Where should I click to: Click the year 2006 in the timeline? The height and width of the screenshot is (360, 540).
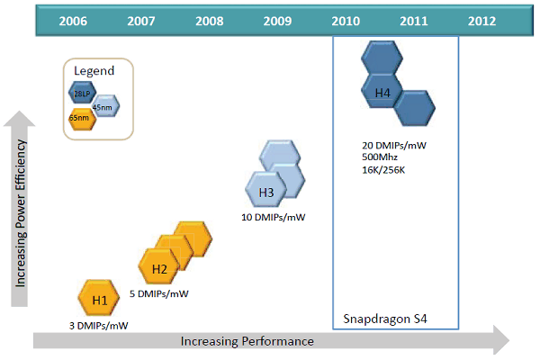coord(73,21)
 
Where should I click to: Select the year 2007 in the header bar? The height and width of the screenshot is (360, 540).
coord(140,21)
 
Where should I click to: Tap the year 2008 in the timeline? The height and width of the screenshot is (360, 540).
coord(210,21)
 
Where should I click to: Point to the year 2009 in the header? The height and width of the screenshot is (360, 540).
coord(278,21)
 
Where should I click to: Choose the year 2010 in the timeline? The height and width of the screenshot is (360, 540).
coord(346,21)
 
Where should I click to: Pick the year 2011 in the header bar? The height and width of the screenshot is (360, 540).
coord(413,21)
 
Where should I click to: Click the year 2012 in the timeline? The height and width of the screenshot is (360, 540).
coord(481,21)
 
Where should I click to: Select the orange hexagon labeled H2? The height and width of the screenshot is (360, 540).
coord(159,268)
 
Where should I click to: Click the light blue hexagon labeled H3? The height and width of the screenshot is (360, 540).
coord(265,193)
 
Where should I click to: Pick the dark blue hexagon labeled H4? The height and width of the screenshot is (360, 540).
coord(382,92)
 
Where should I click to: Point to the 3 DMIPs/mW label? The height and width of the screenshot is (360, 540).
coord(99,325)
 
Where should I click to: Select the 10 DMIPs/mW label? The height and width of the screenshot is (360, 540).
coord(273,218)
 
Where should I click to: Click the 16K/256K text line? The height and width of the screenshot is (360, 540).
coord(382,168)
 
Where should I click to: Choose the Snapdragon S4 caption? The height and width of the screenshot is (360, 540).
coord(386,319)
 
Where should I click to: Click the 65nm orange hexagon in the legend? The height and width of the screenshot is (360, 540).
coord(81,118)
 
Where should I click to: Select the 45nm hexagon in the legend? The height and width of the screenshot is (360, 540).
coord(103,107)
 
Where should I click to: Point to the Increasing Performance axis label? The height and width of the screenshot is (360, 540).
coord(247,341)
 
